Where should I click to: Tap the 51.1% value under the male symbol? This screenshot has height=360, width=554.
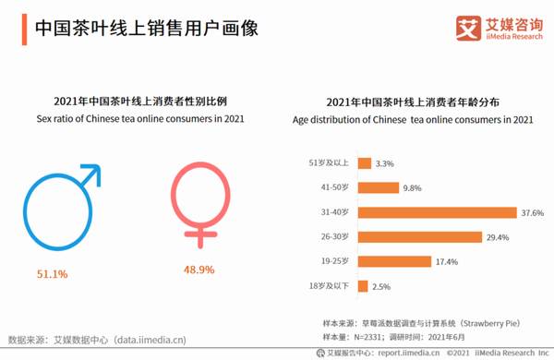click(52, 274)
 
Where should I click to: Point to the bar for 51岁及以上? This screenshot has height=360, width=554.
click(364, 162)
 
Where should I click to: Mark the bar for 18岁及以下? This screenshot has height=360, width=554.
click(362, 286)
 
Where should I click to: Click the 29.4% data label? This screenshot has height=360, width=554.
click(498, 237)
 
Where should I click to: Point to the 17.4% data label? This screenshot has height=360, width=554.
click(446, 262)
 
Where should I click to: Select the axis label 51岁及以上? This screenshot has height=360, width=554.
click(330, 163)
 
